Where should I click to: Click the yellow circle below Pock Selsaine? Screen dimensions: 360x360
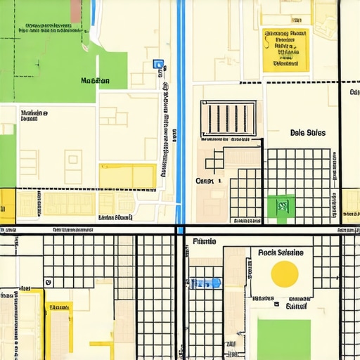[x=285, y=273]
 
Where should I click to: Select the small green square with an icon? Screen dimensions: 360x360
[x=282, y=206]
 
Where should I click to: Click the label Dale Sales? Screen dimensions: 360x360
[x=307, y=133]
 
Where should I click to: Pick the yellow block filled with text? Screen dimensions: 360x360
[x=285, y=50]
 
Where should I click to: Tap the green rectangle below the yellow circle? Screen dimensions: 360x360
[x=283, y=338]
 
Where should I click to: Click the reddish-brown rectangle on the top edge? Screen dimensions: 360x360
[x=76, y=10]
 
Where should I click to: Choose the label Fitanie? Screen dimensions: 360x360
[x=204, y=241]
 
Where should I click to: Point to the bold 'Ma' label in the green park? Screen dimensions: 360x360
[x=95, y=81]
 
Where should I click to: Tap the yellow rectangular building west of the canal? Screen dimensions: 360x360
[x=127, y=176]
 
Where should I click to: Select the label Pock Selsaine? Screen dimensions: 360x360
[x=281, y=252]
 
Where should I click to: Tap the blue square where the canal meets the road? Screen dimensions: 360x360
[x=181, y=230]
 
